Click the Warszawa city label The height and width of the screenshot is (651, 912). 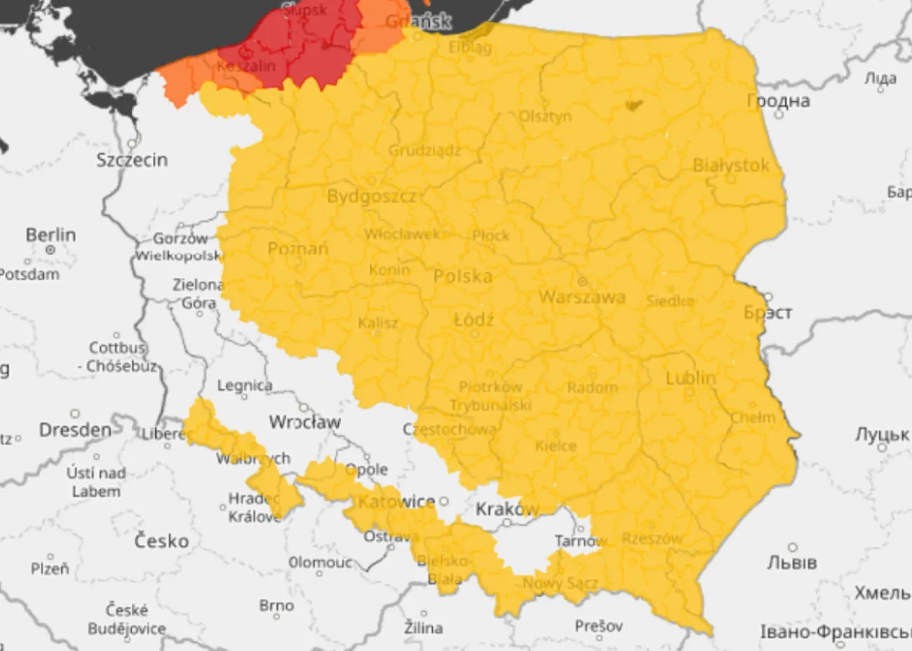[x=582, y=297]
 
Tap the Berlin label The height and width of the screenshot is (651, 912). [x=51, y=235]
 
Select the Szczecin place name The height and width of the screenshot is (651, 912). [x=132, y=160]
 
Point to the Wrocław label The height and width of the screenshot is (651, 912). [x=304, y=423]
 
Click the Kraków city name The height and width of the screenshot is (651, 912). [x=507, y=509]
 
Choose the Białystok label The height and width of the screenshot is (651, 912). [x=730, y=166]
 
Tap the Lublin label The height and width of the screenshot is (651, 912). [x=690, y=378]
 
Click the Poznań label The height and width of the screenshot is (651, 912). [x=298, y=249]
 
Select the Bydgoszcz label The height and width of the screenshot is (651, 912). [x=372, y=197]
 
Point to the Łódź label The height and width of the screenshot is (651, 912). [x=474, y=321]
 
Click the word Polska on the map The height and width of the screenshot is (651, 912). [x=462, y=277]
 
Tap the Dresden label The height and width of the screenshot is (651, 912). [x=74, y=430]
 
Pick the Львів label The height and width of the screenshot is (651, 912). [x=792, y=563]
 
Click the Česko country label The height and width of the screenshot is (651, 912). [x=161, y=541]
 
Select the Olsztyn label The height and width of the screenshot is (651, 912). [x=545, y=116]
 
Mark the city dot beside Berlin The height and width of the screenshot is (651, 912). [x=51, y=249]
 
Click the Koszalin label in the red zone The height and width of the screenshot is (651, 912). [x=241, y=67]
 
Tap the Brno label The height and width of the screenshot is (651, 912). [x=276, y=605]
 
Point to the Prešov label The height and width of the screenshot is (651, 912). [x=598, y=625]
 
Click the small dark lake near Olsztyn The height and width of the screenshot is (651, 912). [x=633, y=106]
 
